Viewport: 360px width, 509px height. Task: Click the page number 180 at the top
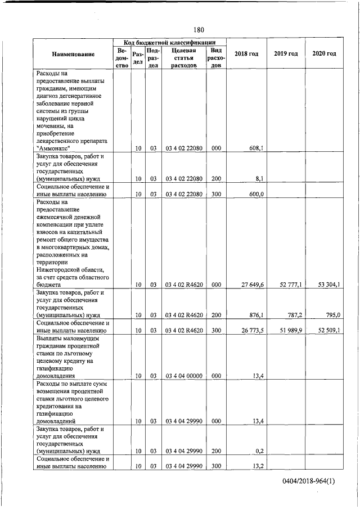click(197, 29)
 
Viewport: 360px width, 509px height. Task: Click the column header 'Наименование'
click(73, 54)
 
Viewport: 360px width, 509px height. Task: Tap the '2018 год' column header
click(246, 53)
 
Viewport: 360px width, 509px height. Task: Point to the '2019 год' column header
click(286, 53)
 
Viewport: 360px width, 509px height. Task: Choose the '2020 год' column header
click(324, 53)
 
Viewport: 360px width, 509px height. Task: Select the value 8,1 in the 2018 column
click(259, 179)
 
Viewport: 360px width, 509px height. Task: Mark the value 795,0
click(332, 316)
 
